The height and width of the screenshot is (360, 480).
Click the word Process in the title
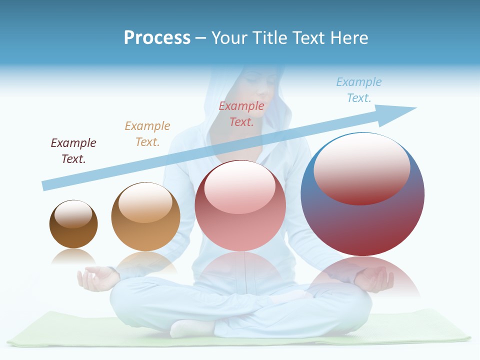point(157,38)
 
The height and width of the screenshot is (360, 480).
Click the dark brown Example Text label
point(73,150)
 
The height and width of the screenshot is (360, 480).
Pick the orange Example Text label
point(147,133)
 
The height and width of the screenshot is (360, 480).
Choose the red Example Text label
point(241,113)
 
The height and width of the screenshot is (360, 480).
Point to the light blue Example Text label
point(359,89)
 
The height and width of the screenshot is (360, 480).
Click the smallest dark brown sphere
point(73,224)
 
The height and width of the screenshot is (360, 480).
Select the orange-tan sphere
point(145,216)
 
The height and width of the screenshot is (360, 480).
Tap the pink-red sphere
point(240,205)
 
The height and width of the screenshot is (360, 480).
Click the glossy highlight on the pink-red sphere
point(239,187)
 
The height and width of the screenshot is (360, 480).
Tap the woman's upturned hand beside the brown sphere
point(95,277)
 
